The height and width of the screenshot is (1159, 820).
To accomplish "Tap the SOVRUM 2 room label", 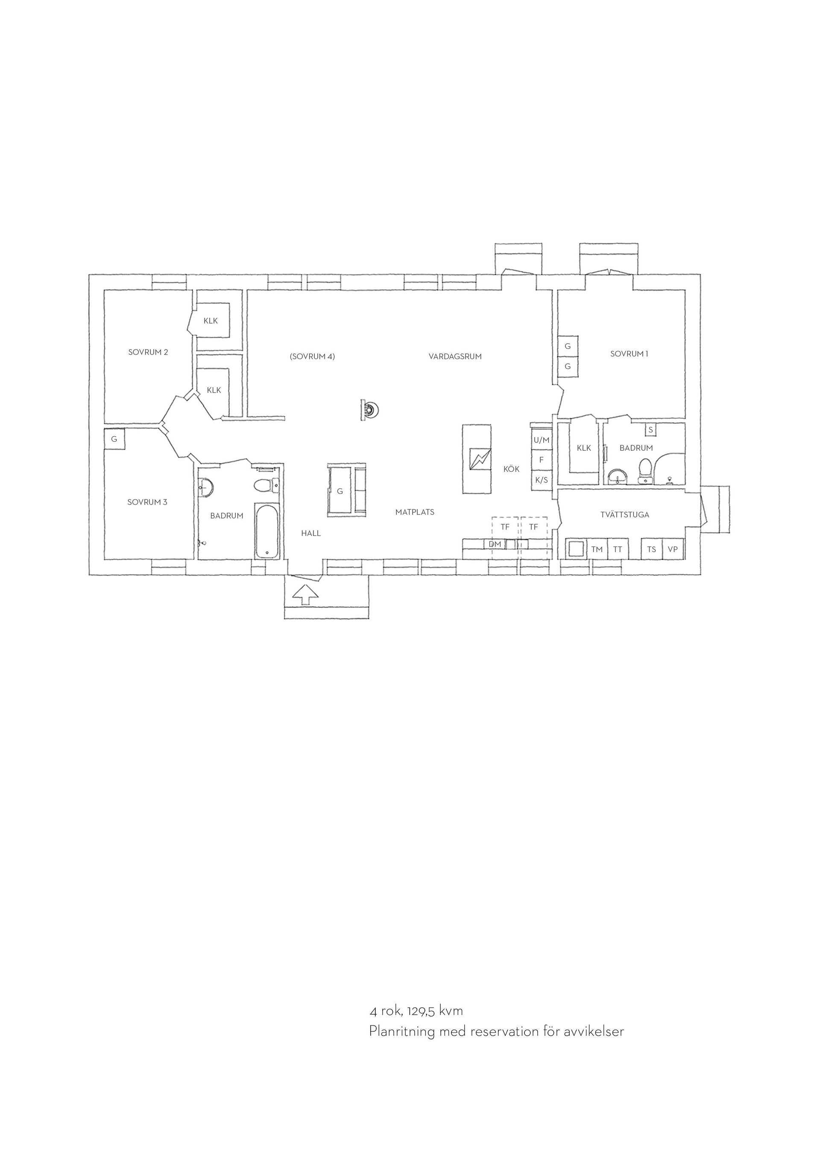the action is pyautogui.click(x=148, y=352).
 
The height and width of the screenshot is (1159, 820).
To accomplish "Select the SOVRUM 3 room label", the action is pyautogui.click(x=147, y=502).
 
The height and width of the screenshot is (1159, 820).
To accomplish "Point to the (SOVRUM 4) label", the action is pyautogui.click(x=312, y=356).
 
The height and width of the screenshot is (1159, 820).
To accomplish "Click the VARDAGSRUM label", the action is pyautogui.click(x=455, y=356).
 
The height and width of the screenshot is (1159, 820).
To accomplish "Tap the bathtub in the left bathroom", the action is pyautogui.click(x=266, y=531).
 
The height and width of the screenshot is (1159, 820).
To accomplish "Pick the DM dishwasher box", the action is pyautogui.click(x=495, y=544).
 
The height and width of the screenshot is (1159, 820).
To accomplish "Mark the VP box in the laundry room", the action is pyautogui.click(x=673, y=549).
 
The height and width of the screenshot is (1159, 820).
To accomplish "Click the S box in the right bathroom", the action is pyautogui.click(x=650, y=429).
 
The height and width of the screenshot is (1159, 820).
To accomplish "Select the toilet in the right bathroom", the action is pyautogui.click(x=645, y=471).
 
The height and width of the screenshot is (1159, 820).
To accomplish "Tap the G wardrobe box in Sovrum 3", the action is pyautogui.click(x=114, y=439).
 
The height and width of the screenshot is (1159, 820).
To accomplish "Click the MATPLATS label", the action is pyautogui.click(x=415, y=512).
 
